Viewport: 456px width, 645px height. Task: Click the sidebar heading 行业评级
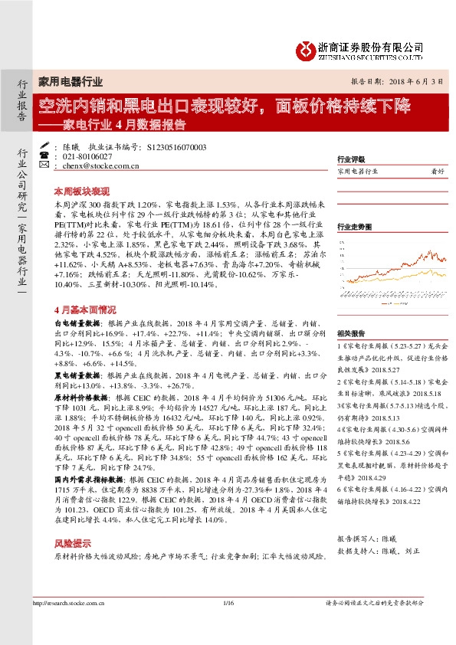tap(350, 159)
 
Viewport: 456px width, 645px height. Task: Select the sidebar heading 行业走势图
tap(354, 227)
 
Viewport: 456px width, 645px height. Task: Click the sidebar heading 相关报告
tap(350, 334)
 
